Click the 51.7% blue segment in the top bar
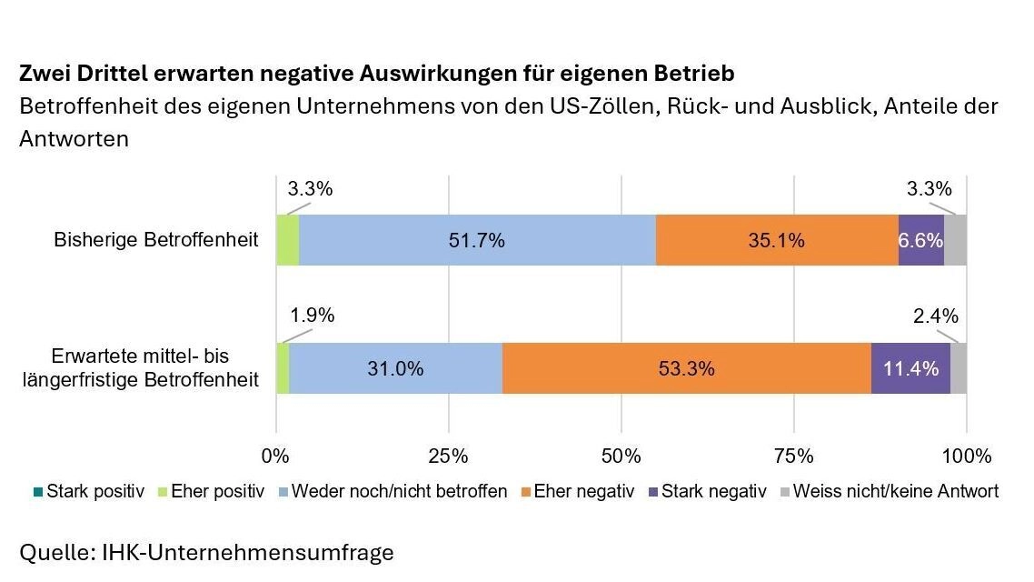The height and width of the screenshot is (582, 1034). pos(477,241)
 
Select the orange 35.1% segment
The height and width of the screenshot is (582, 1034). pos(777,241)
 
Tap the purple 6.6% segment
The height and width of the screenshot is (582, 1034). pos(920,241)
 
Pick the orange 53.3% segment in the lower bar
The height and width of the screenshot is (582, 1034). pos(686,368)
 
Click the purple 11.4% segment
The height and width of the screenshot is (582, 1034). pos(910,368)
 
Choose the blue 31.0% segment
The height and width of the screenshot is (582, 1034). pos(395,368)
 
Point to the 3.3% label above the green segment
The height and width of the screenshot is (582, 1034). pos(310,190)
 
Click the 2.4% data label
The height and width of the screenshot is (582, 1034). pos(935,316)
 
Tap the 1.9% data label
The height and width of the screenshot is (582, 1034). pos(312,316)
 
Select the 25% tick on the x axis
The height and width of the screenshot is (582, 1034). pos(448,456)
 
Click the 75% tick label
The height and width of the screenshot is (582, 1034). pos(794,456)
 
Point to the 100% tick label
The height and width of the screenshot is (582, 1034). pos(967,456)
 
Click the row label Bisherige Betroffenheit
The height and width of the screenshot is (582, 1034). pos(156,241)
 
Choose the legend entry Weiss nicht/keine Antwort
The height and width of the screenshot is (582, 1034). pos(895,492)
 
